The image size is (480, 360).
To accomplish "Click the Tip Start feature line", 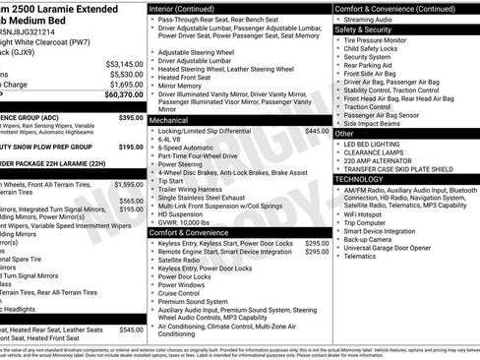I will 171,181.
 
